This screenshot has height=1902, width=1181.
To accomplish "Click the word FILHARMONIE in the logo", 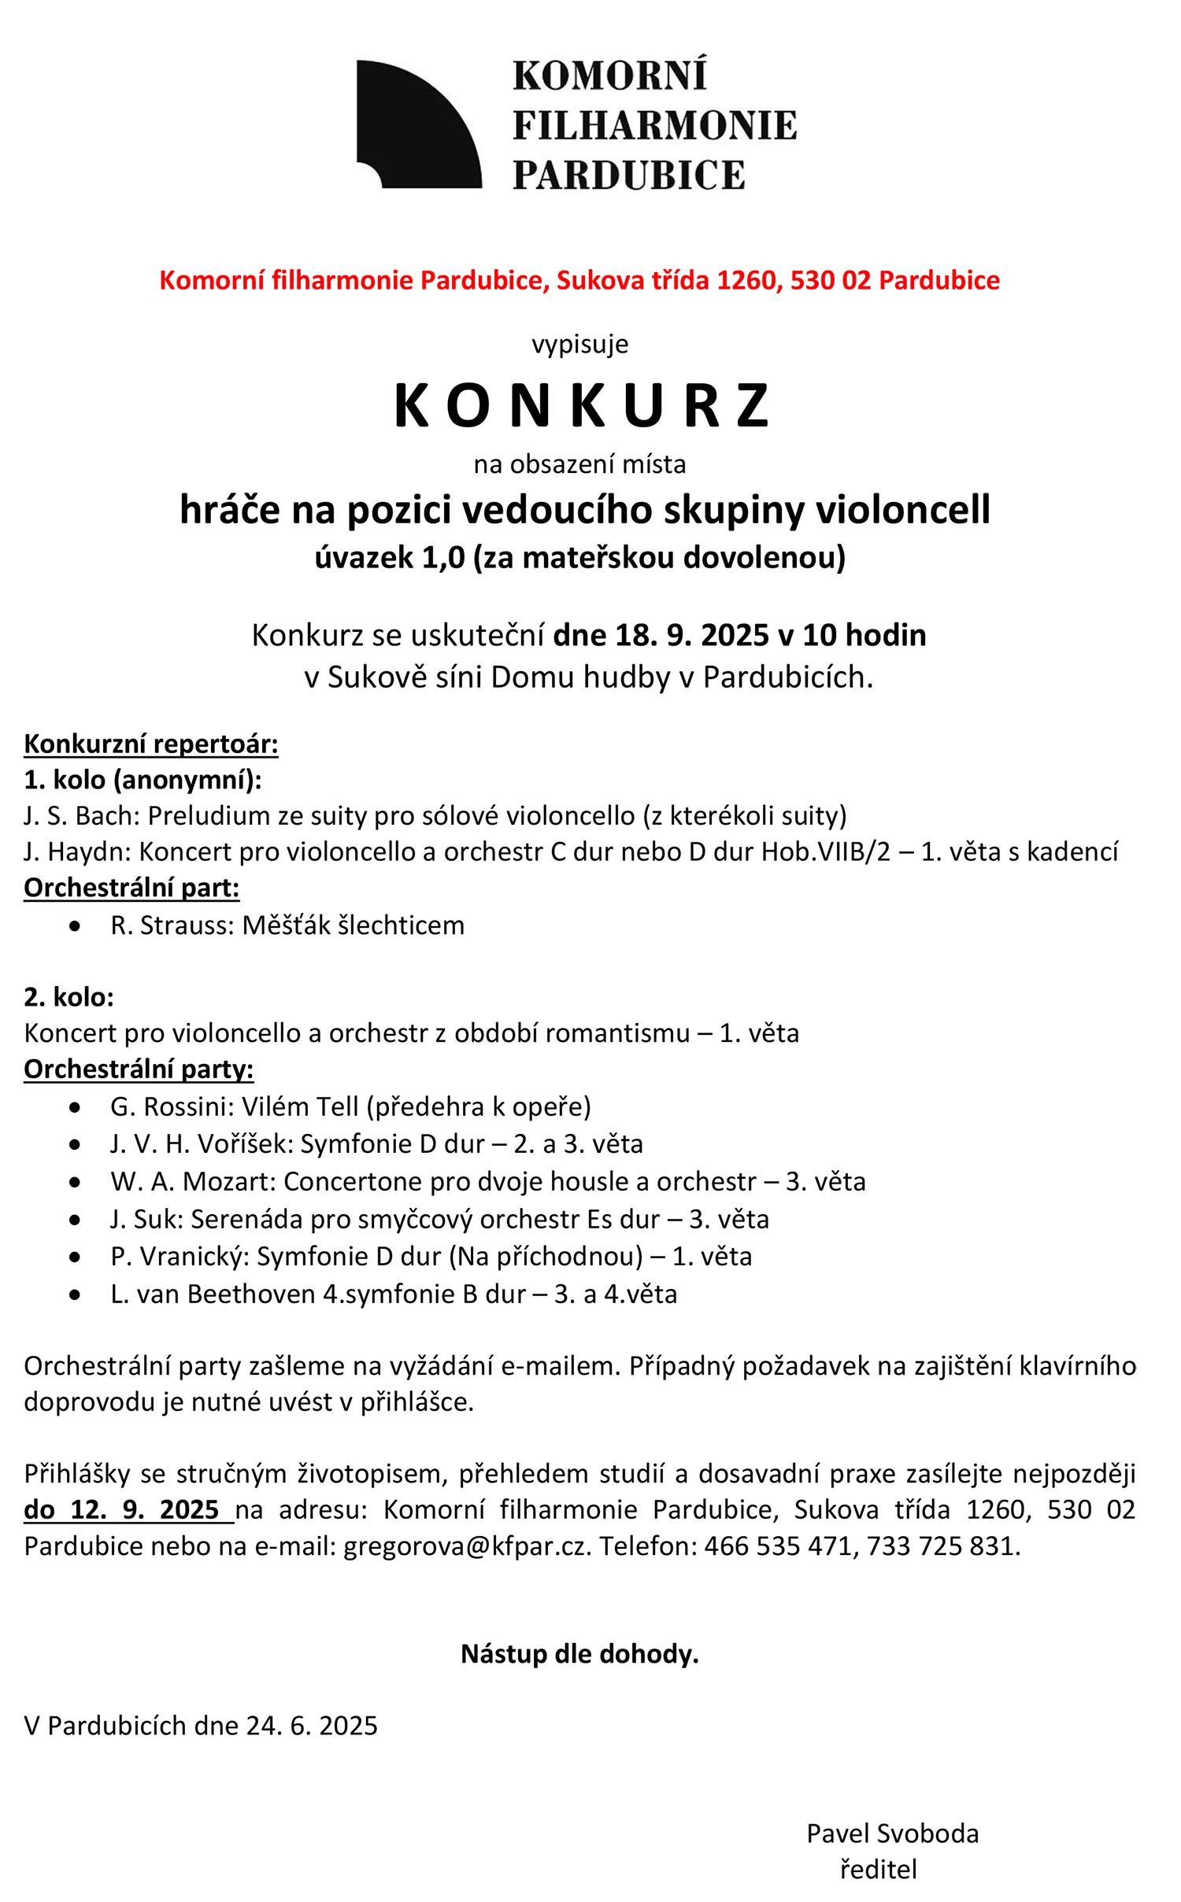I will click(x=655, y=126).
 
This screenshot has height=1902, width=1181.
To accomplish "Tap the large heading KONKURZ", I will click(x=581, y=406).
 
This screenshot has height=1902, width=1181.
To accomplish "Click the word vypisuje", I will click(x=580, y=344).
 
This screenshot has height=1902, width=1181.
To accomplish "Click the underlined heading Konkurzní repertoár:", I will click(x=151, y=744).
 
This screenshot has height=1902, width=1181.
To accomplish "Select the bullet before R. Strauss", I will click(x=75, y=926).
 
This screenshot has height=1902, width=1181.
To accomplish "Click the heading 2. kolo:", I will click(x=69, y=997).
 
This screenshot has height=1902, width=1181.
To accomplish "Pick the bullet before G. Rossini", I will click(x=75, y=1108).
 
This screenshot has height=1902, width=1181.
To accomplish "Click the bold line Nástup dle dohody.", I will click(x=579, y=1653).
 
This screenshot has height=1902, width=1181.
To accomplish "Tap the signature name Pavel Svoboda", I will click(x=892, y=1833).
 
